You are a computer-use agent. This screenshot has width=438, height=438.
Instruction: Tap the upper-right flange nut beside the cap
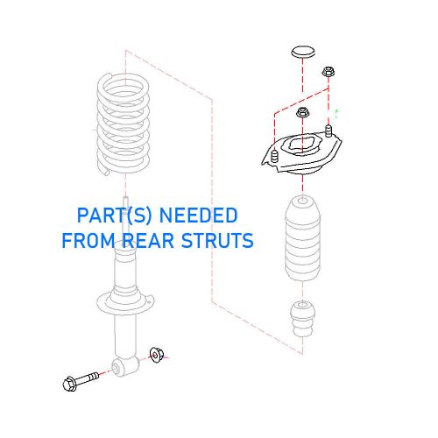pyautogui.click(x=328, y=72)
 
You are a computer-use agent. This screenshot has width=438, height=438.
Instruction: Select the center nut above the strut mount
pyautogui.click(x=303, y=114)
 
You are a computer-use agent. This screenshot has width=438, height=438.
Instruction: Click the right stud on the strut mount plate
pyautogui.click(x=330, y=132)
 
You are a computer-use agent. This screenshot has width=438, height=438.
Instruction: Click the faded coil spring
pyautogui.click(x=124, y=123)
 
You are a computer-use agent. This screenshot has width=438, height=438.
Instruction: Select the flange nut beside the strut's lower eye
pyautogui.click(x=158, y=355)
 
